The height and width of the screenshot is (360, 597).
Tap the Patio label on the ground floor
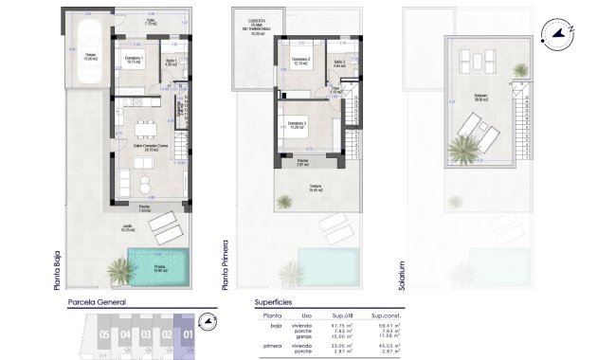click(x=150, y=19)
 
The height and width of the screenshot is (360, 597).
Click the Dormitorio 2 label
click(x=300, y=63)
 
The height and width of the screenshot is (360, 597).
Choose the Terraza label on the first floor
click(x=314, y=188)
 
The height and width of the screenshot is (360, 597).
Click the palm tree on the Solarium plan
click(x=465, y=149)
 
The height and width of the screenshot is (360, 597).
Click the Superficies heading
click(x=279, y=304)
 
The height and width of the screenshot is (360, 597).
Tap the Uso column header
click(x=306, y=315)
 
